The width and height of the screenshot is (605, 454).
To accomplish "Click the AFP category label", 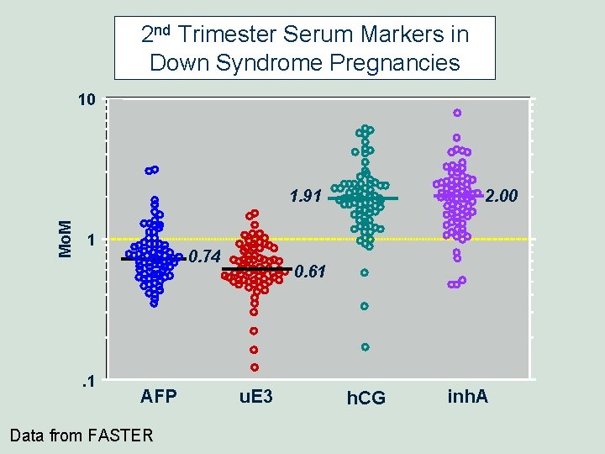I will click(159, 396).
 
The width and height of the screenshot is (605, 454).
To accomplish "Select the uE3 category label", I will click(256, 396).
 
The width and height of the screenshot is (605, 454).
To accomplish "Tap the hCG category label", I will click(366, 398).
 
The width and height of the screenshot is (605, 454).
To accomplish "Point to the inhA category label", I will click(468, 396).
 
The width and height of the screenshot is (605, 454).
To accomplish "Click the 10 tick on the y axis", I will click(86, 101).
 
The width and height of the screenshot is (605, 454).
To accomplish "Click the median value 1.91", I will click(305, 197).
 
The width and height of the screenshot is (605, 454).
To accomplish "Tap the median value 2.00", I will click(502, 197).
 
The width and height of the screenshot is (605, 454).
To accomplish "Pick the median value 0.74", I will click(204, 256).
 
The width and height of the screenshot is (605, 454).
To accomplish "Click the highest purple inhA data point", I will click(457, 113).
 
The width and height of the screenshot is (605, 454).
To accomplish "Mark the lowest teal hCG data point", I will click(365, 346).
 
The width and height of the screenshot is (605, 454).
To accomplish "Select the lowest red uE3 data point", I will click(254, 367).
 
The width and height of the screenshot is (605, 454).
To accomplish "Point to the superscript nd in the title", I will click(164, 30).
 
